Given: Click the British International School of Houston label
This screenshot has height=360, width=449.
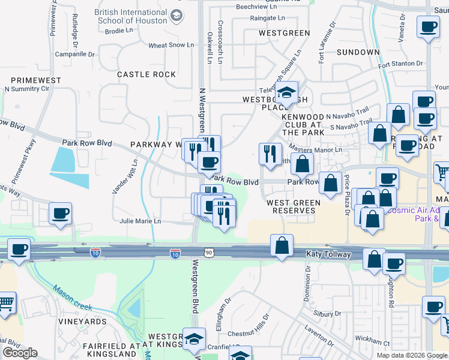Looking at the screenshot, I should pyautogui.click(x=130, y=16).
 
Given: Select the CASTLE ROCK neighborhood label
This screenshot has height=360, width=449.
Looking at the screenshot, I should pyautogui.click(x=146, y=74).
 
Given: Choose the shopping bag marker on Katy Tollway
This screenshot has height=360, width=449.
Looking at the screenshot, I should pyautogui.click(x=282, y=245).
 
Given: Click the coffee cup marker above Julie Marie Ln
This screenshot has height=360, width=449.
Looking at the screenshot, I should pyautogui.click(x=60, y=214).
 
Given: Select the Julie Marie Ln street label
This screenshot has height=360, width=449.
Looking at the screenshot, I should pyautogui.click(x=140, y=221).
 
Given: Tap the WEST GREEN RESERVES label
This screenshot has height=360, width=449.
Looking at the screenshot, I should pyautogui.click(x=294, y=206).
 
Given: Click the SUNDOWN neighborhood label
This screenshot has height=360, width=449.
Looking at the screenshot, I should pyautogui.click(x=358, y=52).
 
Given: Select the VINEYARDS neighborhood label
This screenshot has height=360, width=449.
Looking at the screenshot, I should pyautogui.click(x=82, y=322).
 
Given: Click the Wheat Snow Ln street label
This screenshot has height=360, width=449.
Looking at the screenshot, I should pyautogui.click(x=171, y=45).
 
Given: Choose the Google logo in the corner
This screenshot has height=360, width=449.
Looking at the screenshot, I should pyautogui.click(x=20, y=353).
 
